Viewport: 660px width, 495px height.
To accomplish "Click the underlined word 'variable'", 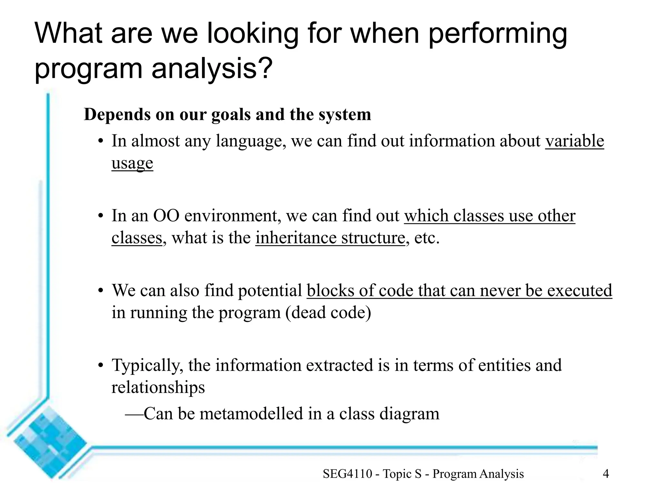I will point(575,141).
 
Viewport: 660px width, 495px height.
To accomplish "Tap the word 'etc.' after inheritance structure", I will point(427,238).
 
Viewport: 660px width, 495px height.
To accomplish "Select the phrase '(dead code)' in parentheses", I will point(328,313).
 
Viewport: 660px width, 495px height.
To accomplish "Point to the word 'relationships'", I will point(158,387).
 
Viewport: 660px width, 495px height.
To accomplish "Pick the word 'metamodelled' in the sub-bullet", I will point(251,414).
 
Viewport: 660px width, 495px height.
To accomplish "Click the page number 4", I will point(606,474).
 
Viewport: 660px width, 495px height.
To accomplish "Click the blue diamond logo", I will point(48,442).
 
